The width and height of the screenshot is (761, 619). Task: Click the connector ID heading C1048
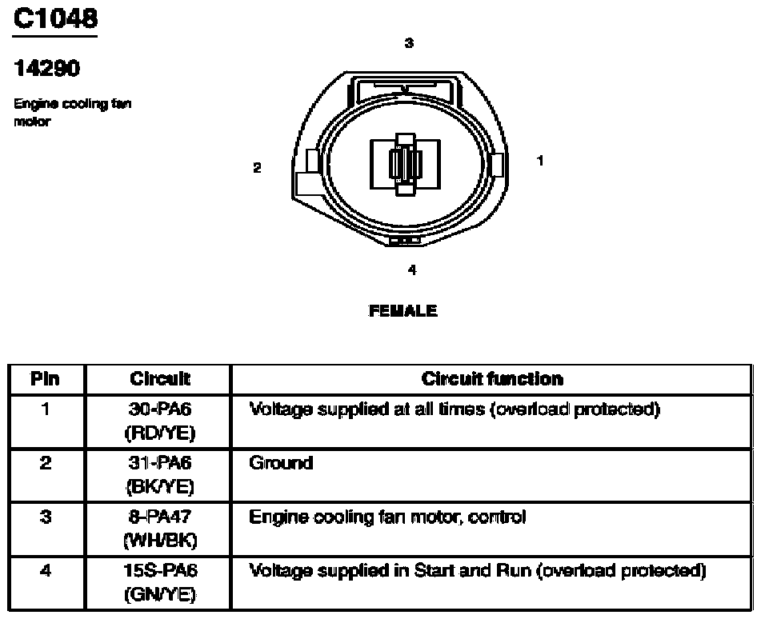pos(55,18)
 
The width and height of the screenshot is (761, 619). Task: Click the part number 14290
pos(46,68)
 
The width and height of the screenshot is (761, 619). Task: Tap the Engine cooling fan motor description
pos(72,112)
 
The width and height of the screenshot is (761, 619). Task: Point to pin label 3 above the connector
pos(409,42)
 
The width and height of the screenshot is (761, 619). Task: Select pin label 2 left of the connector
pos(257,168)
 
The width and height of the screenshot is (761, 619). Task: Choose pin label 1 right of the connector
pos(539,161)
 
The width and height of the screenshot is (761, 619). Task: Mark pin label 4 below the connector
pos(412,270)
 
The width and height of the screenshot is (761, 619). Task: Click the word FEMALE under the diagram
pos(403,310)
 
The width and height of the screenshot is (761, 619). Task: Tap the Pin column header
pos(45,378)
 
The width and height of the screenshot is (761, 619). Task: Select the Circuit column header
pos(160,378)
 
